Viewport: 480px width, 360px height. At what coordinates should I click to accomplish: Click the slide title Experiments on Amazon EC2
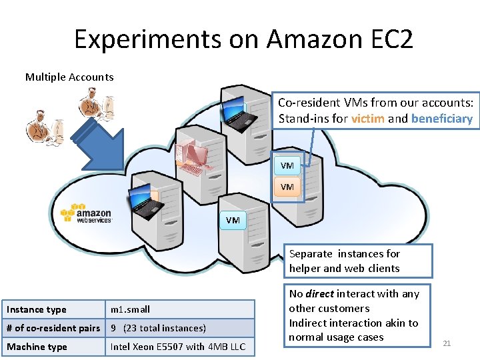coord(243,39)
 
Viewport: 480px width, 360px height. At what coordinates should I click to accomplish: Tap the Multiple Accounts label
coord(69,77)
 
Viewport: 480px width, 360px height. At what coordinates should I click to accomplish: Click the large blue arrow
coord(100,147)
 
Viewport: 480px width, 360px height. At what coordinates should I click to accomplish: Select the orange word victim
coord(367,119)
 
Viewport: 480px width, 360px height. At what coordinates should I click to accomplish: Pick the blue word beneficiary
coord(441,119)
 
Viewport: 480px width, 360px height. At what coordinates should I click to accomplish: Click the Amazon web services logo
coord(87,213)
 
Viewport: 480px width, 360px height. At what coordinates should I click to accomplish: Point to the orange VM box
coord(287,187)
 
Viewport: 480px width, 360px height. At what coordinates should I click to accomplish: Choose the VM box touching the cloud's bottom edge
coord(233,220)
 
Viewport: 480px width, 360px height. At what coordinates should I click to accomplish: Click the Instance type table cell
coord(37,309)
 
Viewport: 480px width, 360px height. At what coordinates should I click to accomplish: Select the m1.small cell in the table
coord(131,309)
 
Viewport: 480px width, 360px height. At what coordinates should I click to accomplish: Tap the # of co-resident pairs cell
coord(53,328)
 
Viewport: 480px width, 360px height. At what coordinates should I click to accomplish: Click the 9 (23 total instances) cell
coord(158,328)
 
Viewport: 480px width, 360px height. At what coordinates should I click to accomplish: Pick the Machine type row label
coord(37,347)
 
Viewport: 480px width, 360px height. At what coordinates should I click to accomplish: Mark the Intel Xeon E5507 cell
coord(177,347)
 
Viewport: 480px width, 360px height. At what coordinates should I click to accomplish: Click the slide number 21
coord(447,343)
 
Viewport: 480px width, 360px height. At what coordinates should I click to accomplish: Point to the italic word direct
coord(319,293)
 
